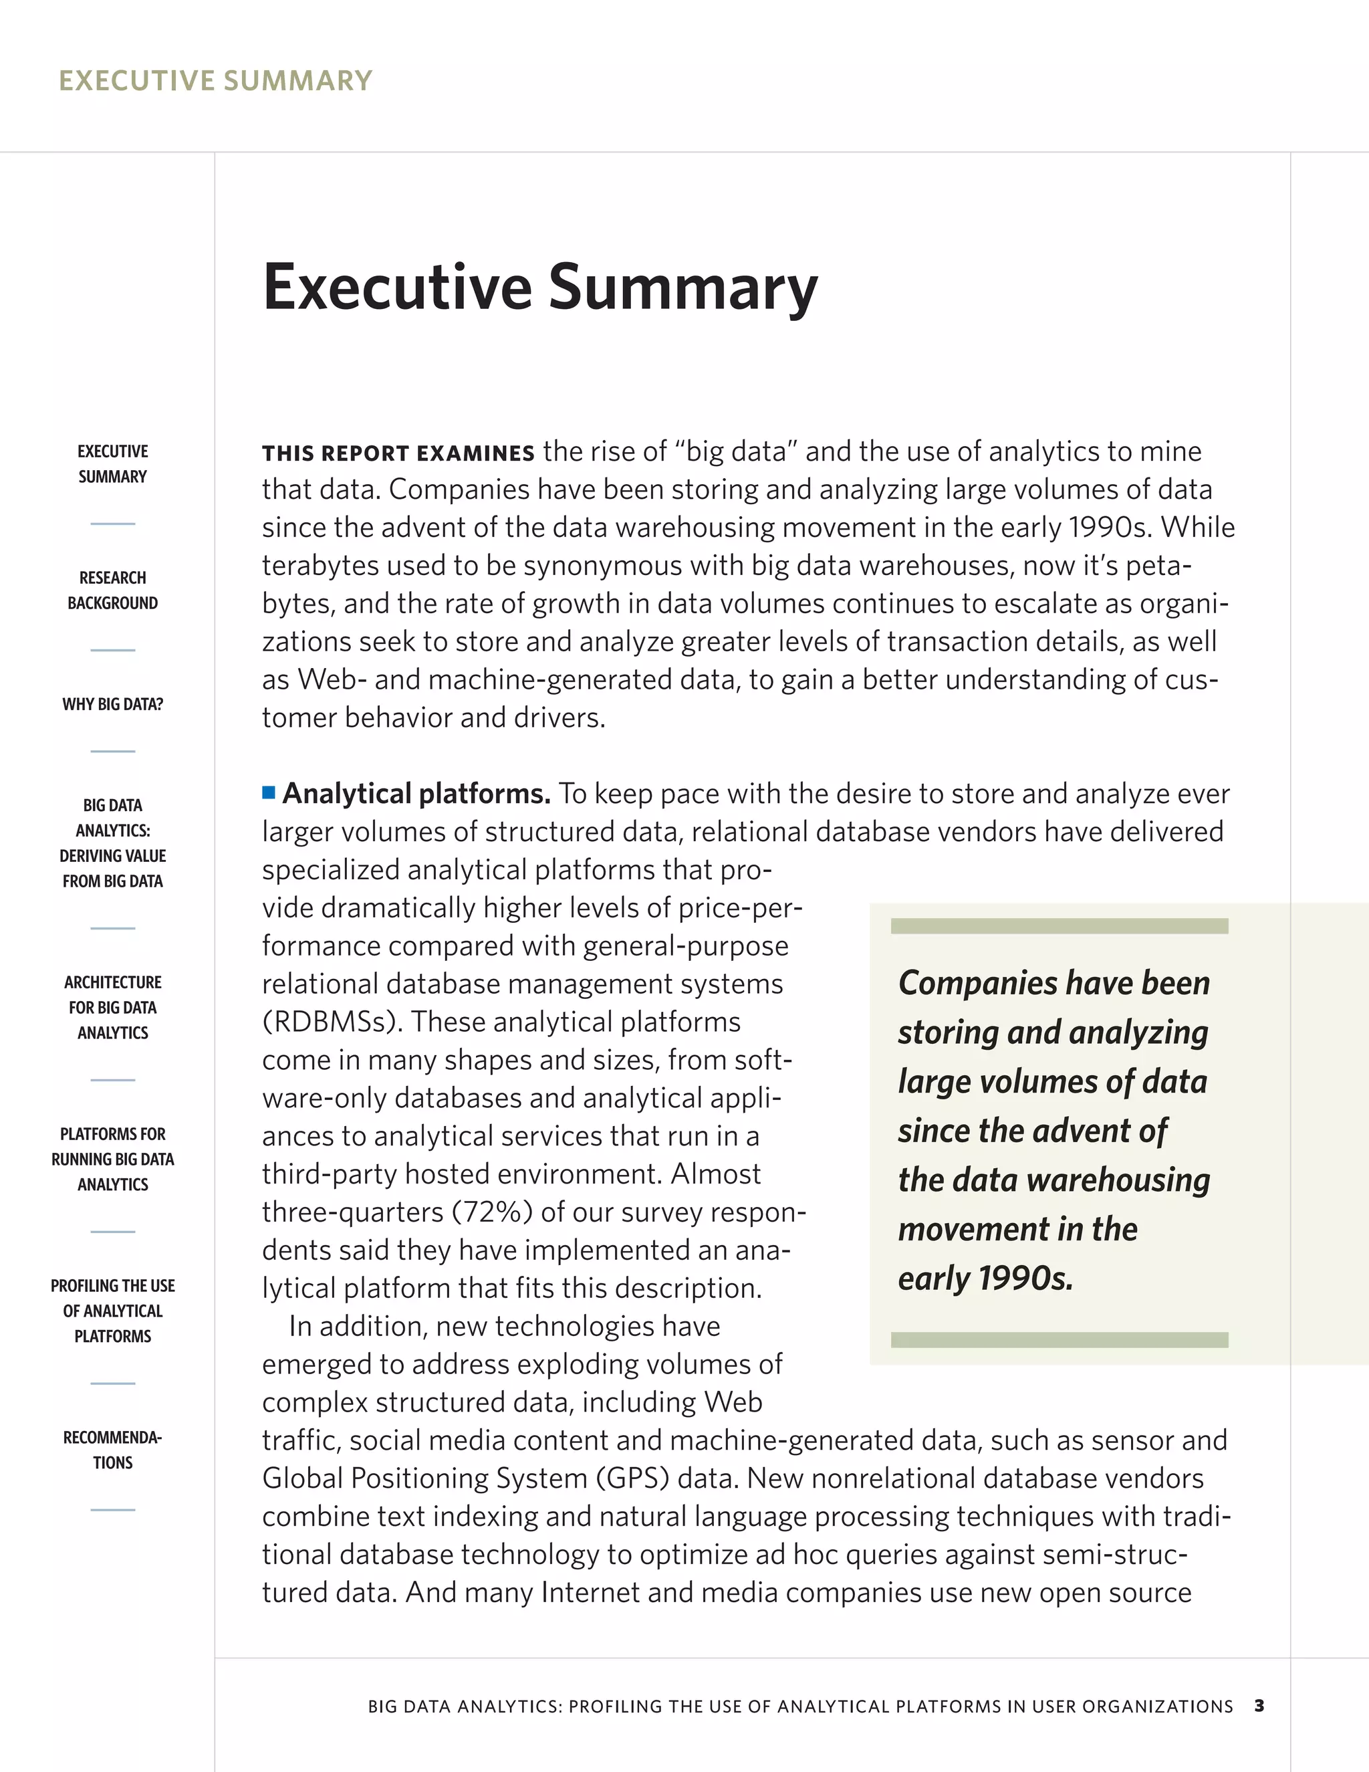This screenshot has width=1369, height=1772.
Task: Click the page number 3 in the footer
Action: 1259,1706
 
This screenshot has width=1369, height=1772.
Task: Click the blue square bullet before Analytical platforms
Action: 269,792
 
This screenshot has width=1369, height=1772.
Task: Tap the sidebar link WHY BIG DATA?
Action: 113,704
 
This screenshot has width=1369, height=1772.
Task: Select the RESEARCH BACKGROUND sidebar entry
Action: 113,590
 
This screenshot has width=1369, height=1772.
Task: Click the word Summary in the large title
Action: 683,288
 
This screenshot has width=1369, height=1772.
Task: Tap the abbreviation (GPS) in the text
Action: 632,1478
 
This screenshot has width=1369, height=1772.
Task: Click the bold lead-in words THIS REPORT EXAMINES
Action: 398,453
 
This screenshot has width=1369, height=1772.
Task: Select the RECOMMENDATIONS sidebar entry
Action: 113,1450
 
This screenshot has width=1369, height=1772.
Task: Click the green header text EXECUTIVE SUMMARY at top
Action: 216,81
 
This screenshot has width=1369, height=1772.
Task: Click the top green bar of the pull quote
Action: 1060,925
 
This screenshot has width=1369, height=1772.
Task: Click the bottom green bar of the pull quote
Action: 1060,1339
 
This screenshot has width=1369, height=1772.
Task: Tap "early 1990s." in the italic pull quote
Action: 985,1279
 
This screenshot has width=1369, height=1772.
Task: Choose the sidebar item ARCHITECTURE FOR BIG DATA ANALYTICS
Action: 113,1007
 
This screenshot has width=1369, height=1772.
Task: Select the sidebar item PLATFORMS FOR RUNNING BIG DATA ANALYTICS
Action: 113,1159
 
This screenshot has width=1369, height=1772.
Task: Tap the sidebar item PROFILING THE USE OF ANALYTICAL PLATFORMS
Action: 113,1311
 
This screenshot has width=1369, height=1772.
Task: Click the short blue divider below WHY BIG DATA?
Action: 113,752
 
